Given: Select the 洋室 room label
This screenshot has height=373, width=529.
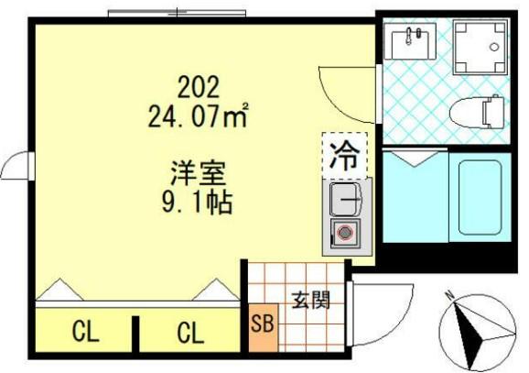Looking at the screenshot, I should [x=197, y=173].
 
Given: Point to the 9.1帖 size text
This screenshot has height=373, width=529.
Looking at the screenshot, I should [x=195, y=200].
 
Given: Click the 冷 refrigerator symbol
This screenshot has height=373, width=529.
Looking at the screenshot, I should [x=344, y=153].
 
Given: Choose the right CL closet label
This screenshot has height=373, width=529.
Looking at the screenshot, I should [x=190, y=333].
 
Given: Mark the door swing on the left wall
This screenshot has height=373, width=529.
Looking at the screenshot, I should [x=17, y=168].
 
